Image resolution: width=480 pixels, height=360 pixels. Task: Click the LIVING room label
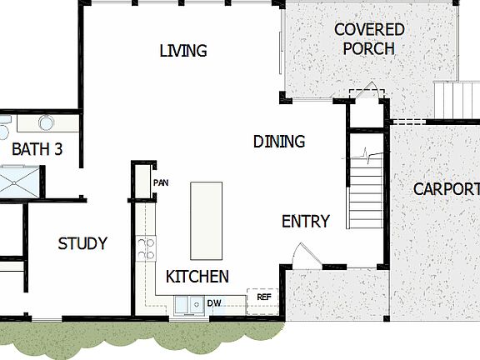[182, 52]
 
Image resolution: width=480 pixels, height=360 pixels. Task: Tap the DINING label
[279, 142]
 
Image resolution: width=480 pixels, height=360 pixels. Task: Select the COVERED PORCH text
[368, 39]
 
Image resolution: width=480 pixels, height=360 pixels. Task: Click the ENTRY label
[305, 222]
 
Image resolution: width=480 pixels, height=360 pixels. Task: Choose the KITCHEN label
[197, 277]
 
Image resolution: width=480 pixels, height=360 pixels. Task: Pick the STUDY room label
[82, 244]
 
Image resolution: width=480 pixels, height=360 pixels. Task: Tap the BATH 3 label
[37, 150]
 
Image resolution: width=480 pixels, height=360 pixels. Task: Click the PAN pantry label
[161, 182]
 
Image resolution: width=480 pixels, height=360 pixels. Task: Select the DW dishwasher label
[214, 303]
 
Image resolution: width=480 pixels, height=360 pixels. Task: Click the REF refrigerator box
[263, 297]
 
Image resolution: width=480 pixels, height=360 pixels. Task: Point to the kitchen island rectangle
[207, 221]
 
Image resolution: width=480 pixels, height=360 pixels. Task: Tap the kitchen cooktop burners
[146, 247]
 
